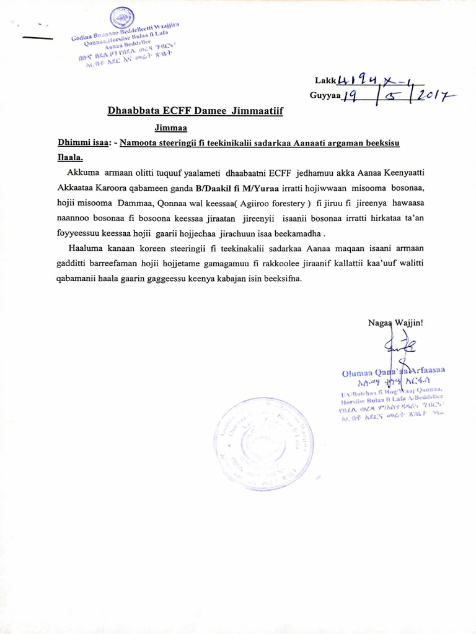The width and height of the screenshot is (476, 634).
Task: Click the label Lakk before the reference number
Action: click(x=324, y=80)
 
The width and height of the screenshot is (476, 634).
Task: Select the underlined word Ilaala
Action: click(x=70, y=158)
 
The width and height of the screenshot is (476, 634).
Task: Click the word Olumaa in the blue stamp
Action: click(x=356, y=373)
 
